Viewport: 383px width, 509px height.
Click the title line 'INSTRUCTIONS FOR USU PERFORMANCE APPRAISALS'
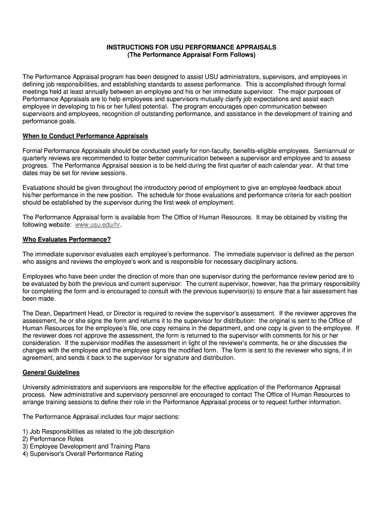pyautogui.click(x=191, y=47)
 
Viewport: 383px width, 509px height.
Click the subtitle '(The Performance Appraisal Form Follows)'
pyautogui.click(x=191, y=55)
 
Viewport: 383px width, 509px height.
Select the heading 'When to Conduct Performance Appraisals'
pyautogui.click(x=85, y=136)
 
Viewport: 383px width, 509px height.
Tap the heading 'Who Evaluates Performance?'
pyautogui.click(x=67, y=240)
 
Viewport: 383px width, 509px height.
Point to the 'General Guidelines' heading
pyautogui.click(x=51, y=372)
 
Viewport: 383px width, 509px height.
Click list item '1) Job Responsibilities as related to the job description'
pyautogui.click(x=98, y=431)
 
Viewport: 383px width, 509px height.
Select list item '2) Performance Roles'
pyautogui.click(x=53, y=439)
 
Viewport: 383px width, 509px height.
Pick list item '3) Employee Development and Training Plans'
pyautogui.click(x=86, y=446)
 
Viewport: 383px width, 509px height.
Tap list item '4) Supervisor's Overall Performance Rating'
pyautogui.click(x=83, y=454)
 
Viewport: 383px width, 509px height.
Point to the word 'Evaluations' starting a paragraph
pyautogui.click(x=39, y=187)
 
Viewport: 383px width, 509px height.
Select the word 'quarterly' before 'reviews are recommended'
pyautogui.click(x=35, y=158)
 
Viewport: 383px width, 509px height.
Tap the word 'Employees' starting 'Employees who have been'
pyautogui.click(x=38, y=276)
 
